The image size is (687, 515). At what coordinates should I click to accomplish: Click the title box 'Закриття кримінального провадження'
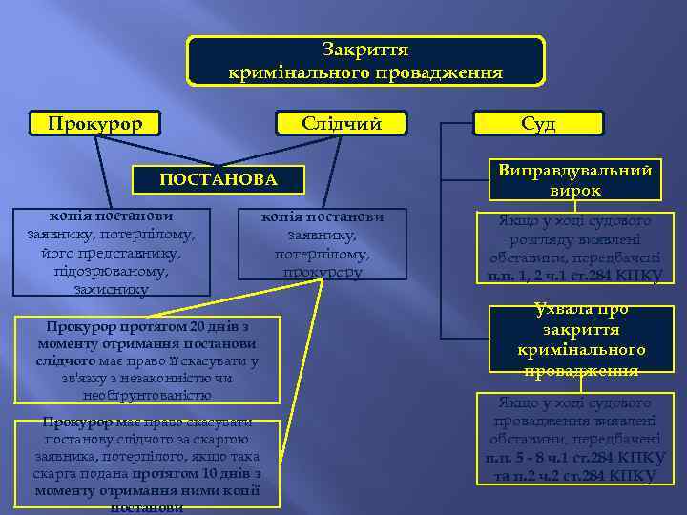tap(365, 61)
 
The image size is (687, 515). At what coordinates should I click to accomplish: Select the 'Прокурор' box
tap(95, 124)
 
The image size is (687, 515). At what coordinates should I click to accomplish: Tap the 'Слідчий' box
tap(341, 124)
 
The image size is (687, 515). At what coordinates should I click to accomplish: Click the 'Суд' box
tap(538, 124)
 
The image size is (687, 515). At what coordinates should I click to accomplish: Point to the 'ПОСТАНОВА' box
tap(219, 179)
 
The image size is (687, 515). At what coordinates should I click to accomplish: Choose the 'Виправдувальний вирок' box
tap(575, 179)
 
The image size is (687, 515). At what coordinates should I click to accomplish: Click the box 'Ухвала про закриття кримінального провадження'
tap(581, 340)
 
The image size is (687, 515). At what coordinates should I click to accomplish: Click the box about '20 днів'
tap(147, 360)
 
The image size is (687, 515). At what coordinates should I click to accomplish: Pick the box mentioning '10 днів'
tap(147, 463)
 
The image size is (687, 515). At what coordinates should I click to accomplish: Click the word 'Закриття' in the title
tap(365, 50)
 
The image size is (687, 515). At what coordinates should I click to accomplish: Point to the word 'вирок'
tap(575, 190)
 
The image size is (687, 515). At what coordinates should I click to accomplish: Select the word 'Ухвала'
tap(566, 310)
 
